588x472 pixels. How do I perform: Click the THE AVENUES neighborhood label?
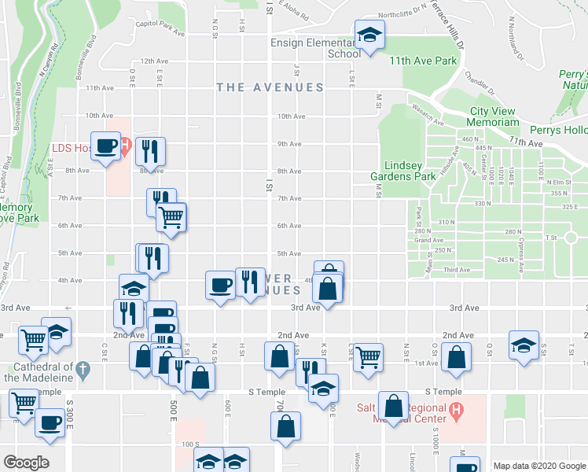[x=270, y=87]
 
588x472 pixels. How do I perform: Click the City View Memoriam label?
[x=494, y=116]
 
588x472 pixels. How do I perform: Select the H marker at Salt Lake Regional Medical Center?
[x=454, y=410]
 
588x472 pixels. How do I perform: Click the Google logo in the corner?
[x=26, y=463]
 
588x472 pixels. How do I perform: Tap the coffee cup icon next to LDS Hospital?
[x=106, y=146]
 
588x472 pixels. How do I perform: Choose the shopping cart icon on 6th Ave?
[x=171, y=216]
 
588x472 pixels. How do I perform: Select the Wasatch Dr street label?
[x=424, y=115]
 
